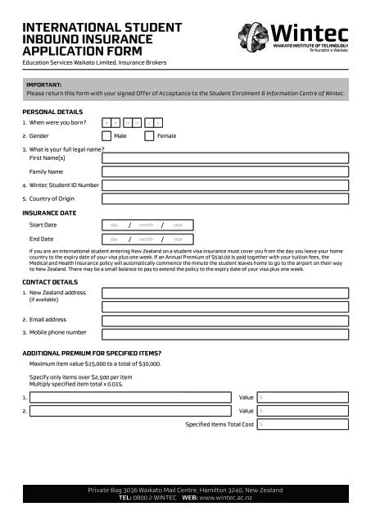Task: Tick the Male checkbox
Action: coord(108,136)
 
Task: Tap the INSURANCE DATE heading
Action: coord(50,212)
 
